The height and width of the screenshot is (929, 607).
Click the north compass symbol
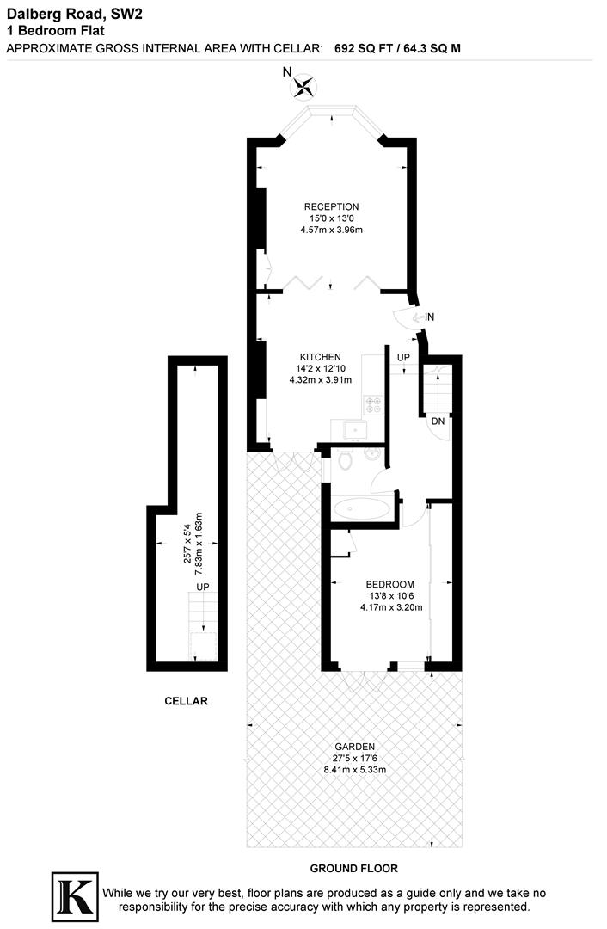click(x=304, y=85)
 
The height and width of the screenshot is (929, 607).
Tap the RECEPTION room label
click(x=331, y=206)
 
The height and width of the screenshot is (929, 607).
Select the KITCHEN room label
click(x=320, y=357)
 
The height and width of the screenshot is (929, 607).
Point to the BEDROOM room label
click(x=390, y=584)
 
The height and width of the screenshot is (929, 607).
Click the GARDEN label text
click(x=355, y=747)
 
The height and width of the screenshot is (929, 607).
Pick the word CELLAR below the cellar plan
click(x=186, y=701)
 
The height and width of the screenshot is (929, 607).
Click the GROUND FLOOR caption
click(x=354, y=869)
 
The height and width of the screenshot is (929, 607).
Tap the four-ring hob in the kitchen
click(x=375, y=403)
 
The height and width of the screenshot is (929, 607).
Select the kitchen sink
click(x=353, y=429)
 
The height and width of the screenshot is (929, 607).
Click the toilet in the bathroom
click(x=346, y=462)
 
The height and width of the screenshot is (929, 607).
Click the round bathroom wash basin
click(x=371, y=453)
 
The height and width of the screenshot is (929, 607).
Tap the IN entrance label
click(x=429, y=317)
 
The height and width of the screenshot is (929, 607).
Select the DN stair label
click(x=438, y=421)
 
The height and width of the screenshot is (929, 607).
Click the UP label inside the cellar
click(x=203, y=587)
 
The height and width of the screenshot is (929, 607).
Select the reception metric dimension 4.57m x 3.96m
click(x=331, y=231)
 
